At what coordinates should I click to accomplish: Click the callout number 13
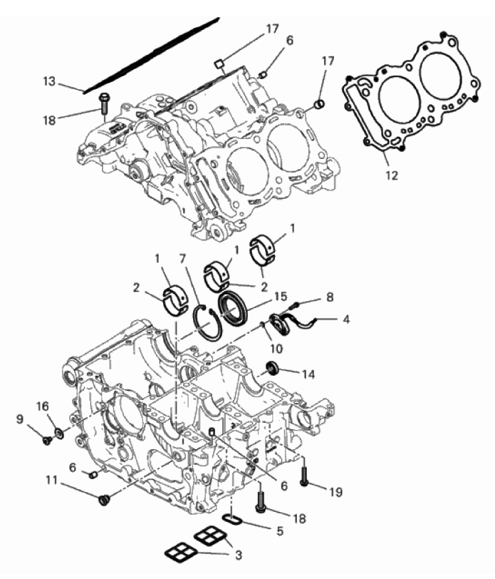(49, 81)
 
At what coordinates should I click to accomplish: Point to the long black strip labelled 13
(151, 55)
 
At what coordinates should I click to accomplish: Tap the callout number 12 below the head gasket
(392, 175)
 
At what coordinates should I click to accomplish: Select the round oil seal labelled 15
(232, 308)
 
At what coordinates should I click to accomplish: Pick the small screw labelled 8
(296, 304)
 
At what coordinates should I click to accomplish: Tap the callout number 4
(345, 319)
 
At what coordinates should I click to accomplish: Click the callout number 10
(276, 348)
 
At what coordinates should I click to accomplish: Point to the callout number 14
(308, 374)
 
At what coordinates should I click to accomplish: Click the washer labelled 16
(58, 432)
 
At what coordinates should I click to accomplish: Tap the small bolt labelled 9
(47, 440)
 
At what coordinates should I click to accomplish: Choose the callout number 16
(43, 406)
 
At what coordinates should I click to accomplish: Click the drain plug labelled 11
(104, 501)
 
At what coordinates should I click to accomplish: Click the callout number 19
(335, 492)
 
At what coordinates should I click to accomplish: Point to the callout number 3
(239, 555)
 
